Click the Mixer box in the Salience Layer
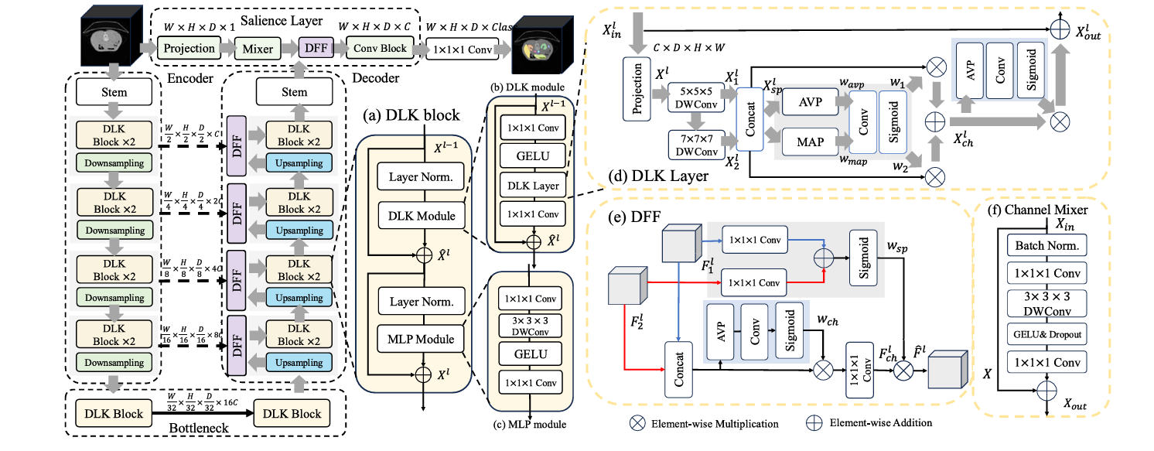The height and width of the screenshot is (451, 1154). click(x=258, y=48)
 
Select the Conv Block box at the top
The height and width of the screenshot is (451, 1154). click(x=380, y=48)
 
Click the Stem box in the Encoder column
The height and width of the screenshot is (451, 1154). click(x=114, y=93)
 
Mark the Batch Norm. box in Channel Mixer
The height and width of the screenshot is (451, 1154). click(x=1045, y=245)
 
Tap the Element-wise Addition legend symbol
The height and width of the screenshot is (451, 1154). click(x=813, y=423)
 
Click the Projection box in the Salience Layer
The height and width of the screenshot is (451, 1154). click(x=188, y=48)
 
